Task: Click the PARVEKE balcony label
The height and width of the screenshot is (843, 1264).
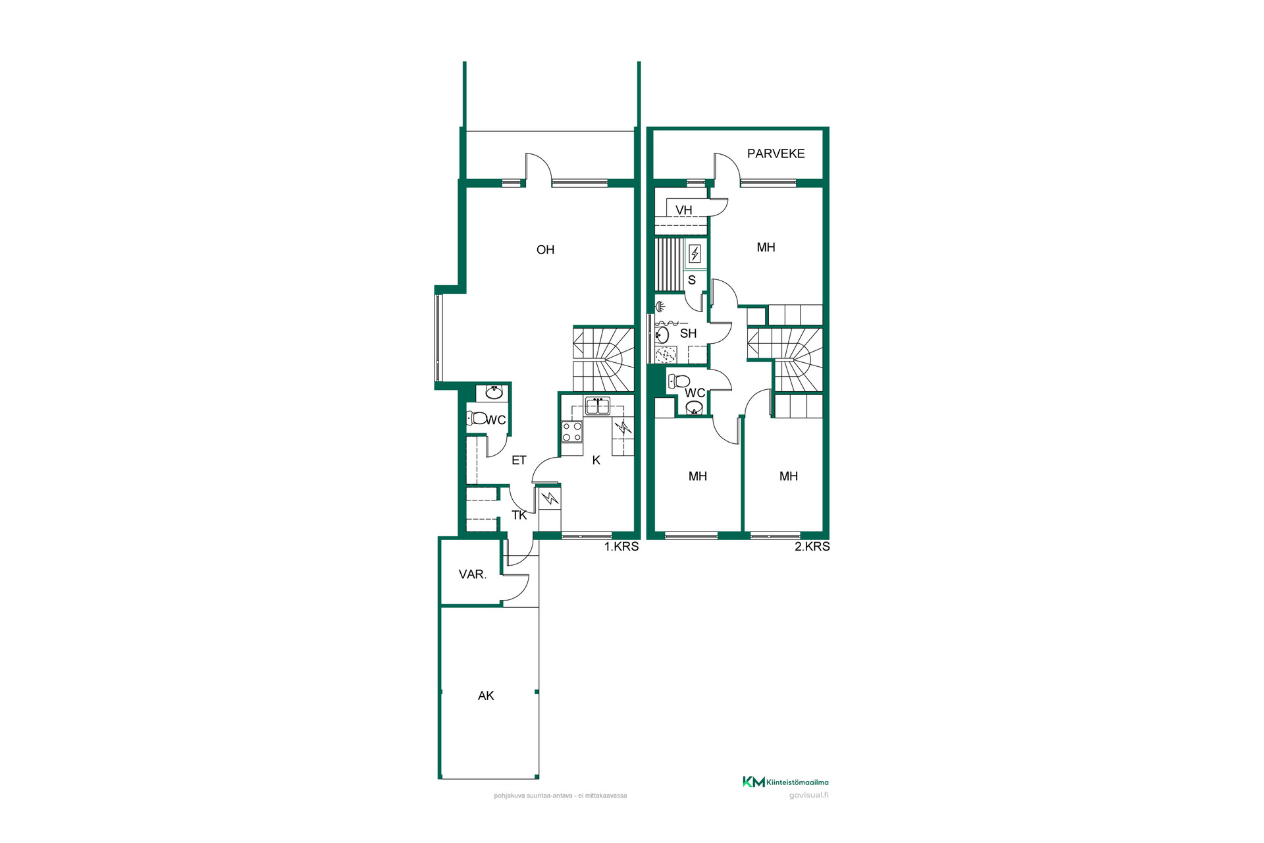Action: (776, 153)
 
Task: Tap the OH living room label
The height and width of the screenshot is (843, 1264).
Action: (545, 250)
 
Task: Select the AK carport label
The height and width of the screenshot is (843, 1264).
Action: (486, 695)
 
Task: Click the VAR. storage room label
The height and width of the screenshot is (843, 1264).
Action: (473, 574)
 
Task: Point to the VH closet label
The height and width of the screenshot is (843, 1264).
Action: (683, 210)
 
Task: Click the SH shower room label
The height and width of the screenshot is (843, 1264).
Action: (688, 333)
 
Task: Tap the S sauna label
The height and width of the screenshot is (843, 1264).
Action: (692, 280)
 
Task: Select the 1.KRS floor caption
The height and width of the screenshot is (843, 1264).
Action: (621, 547)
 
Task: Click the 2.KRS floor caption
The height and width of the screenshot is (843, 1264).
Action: (812, 547)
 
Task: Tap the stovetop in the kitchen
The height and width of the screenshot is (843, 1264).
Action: (572, 432)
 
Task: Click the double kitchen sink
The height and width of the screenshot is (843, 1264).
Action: (598, 406)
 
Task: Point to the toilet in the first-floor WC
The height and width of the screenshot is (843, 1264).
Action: (477, 418)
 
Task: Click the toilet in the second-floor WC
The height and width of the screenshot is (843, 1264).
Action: (679, 381)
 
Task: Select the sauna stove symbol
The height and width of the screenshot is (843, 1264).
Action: (695, 254)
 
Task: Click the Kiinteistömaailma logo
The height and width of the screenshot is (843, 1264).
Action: (785, 782)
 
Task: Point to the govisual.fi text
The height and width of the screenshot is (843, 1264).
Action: (808, 796)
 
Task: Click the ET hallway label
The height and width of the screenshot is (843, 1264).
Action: (519, 460)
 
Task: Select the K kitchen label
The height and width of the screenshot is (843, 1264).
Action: (596, 460)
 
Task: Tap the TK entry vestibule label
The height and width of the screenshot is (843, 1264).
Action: (519, 515)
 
